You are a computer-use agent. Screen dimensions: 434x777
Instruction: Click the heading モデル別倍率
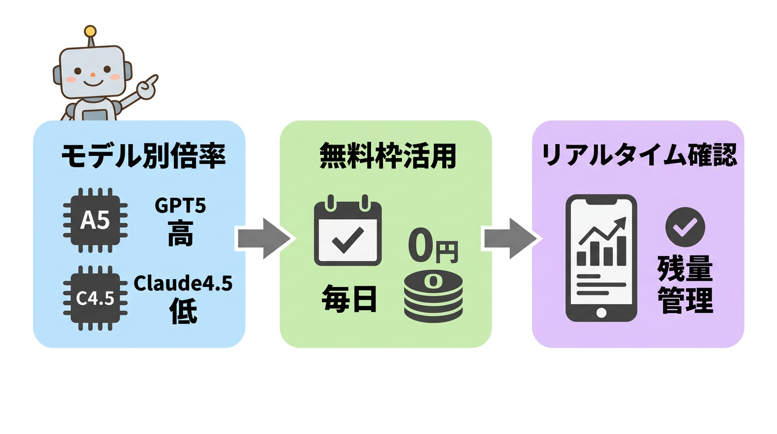coord(143,155)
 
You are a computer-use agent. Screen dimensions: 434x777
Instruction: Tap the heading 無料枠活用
coord(387,155)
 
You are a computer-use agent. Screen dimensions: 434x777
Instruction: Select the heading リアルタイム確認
coord(639,155)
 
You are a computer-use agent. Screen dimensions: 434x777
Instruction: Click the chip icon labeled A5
coord(94,221)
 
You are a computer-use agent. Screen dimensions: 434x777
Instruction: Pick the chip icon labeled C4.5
coord(94,298)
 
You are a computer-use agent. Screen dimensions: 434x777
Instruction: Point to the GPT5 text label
coord(180,206)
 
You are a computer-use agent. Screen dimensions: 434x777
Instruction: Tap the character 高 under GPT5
coord(180,233)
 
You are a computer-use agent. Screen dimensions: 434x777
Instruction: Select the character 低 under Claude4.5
coord(183,311)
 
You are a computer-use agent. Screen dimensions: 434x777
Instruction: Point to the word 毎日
coord(349,300)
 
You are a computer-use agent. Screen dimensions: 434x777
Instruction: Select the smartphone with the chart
coord(601,258)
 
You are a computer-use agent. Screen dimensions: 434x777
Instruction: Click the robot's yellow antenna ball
coord(90,31)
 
